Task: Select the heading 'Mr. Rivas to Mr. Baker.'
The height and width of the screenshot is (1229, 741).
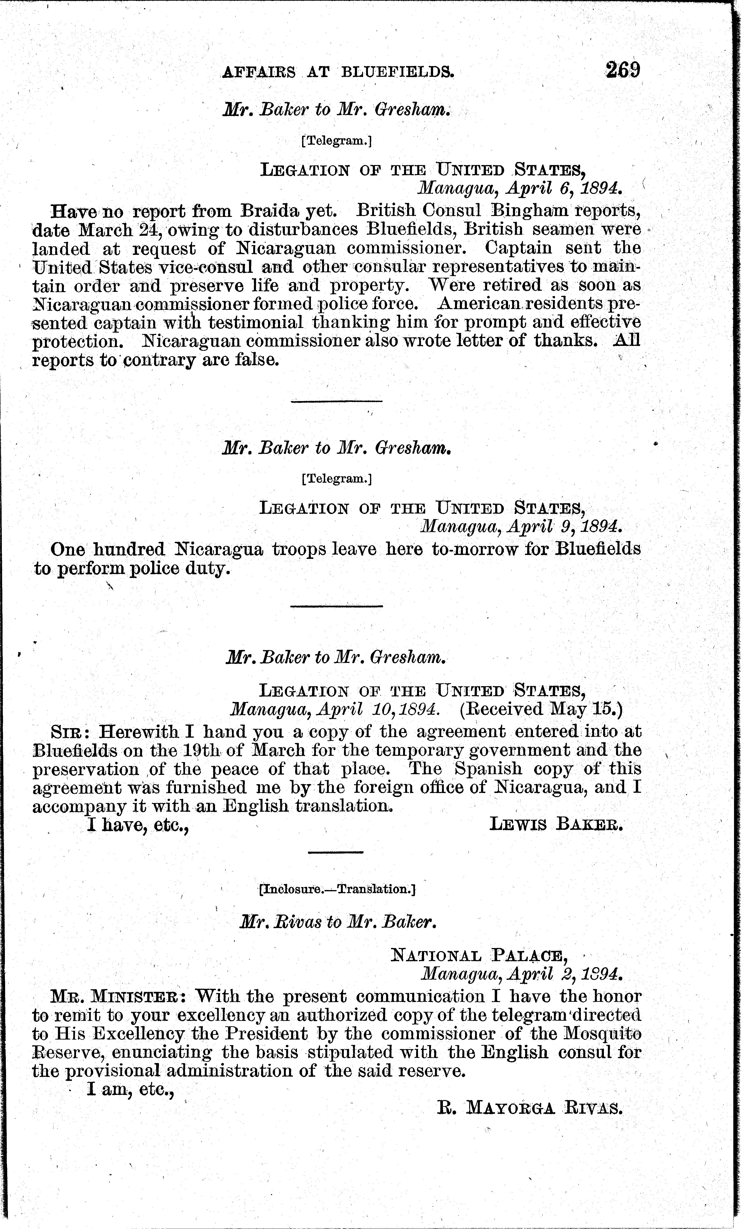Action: point(338,923)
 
